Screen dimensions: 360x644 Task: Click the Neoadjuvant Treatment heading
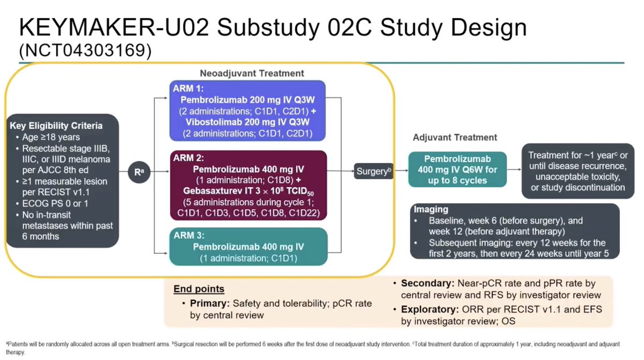coord(252,73)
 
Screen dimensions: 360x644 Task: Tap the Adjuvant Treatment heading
coord(455,137)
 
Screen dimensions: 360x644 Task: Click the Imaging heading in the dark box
coord(431,210)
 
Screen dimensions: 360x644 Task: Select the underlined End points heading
coord(199,289)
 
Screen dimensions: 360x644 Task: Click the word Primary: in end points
coord(209,304)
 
